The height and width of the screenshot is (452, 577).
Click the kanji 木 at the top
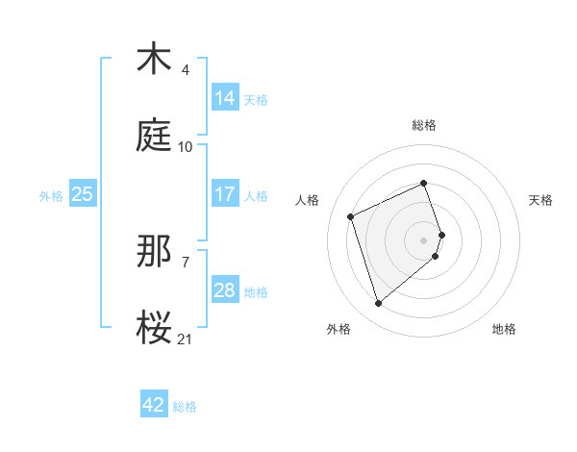pos(153,60)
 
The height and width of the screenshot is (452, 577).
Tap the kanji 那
pos(154,252)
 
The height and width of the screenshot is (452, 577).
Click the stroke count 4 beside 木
pos(185,70)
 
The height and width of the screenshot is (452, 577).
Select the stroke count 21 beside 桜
pos(185,339)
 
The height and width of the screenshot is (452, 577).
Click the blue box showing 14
pos(225,97)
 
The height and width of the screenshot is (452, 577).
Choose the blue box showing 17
pos(225,193)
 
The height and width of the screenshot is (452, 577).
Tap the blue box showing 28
pos(225,289)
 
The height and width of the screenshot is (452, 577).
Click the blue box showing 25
pos(83,193)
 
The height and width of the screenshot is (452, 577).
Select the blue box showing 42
pos(154,405)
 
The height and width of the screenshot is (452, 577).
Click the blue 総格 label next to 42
pos(186,407)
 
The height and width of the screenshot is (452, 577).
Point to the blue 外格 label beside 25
pos(51,195)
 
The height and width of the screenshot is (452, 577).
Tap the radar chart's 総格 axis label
pos(424,125)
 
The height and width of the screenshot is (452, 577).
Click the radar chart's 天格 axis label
pos(540,199)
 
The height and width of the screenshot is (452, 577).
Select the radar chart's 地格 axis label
pos(504,329)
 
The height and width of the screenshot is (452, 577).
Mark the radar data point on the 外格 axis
pos(378,304)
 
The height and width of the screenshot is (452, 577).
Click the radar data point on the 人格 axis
pos(352,215)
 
